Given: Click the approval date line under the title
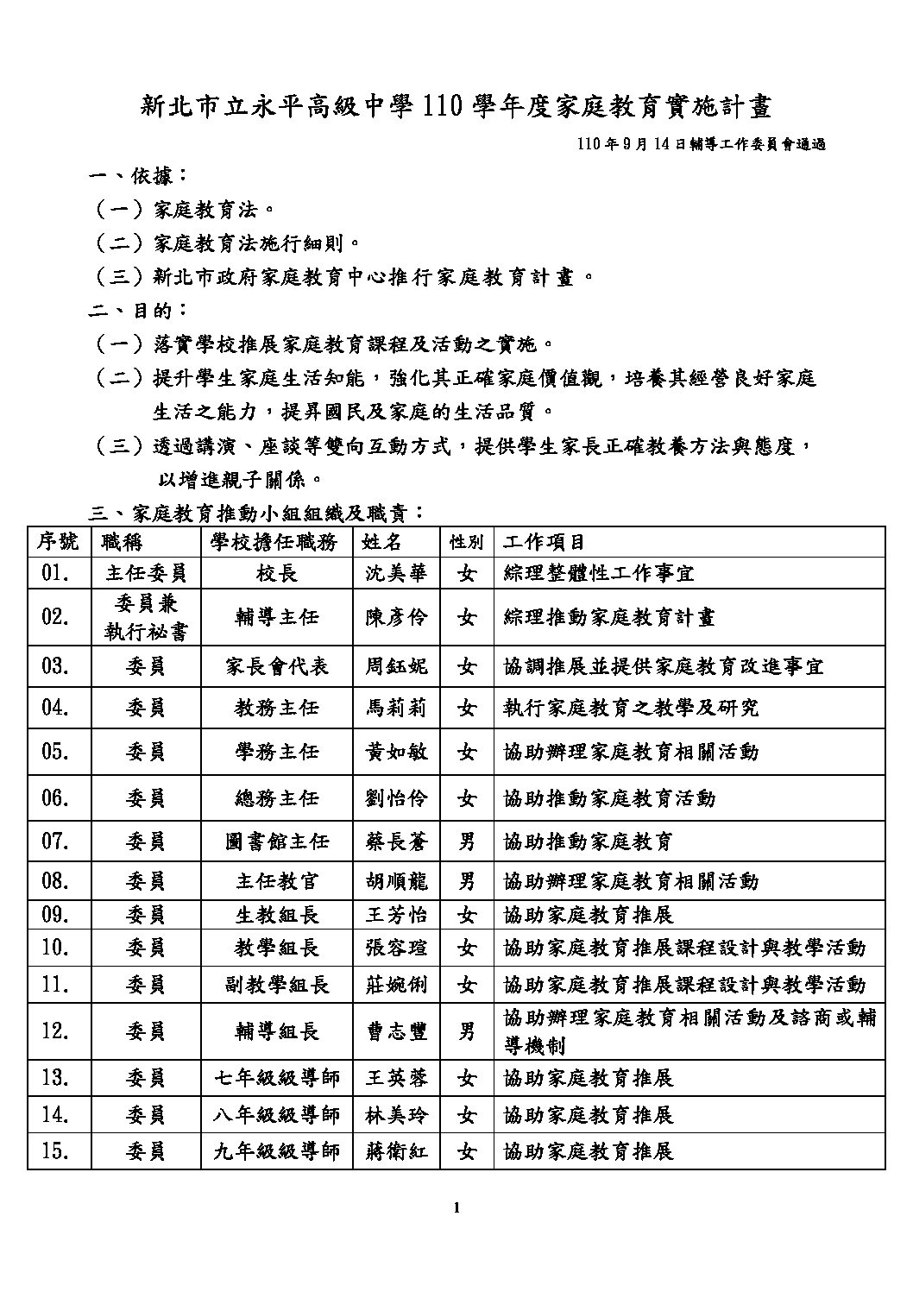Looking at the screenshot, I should click(x=702, y=145).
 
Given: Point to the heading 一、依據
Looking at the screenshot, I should click(x=139, y=177).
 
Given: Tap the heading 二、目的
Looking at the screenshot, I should click(x=139, y=310).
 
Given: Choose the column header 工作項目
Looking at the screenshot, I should click(x=545, y=542).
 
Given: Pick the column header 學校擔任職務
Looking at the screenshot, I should click(x=276, y=542).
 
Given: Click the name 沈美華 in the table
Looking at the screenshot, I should click(x=396, y=573).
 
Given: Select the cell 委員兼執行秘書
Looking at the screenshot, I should click(x=146, y=617).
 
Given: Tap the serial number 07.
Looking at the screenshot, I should click(x=54, y=841).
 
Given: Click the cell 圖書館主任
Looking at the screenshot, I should click(x=276, y=841).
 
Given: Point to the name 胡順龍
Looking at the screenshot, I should click(x=396, y=881).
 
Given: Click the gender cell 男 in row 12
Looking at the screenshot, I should click(x=467, y=1030).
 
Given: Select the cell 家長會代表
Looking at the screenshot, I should click(x=276, y=666).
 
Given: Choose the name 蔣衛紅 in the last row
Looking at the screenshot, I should click(x=396, y=1151).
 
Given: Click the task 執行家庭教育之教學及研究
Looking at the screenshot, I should click(x=631, y=708).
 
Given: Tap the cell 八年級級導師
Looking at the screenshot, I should click(x=276, y=1114).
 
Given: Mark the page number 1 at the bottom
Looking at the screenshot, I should click(x=456, y=1207).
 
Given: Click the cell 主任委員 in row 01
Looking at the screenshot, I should click(x=146, y=573).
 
